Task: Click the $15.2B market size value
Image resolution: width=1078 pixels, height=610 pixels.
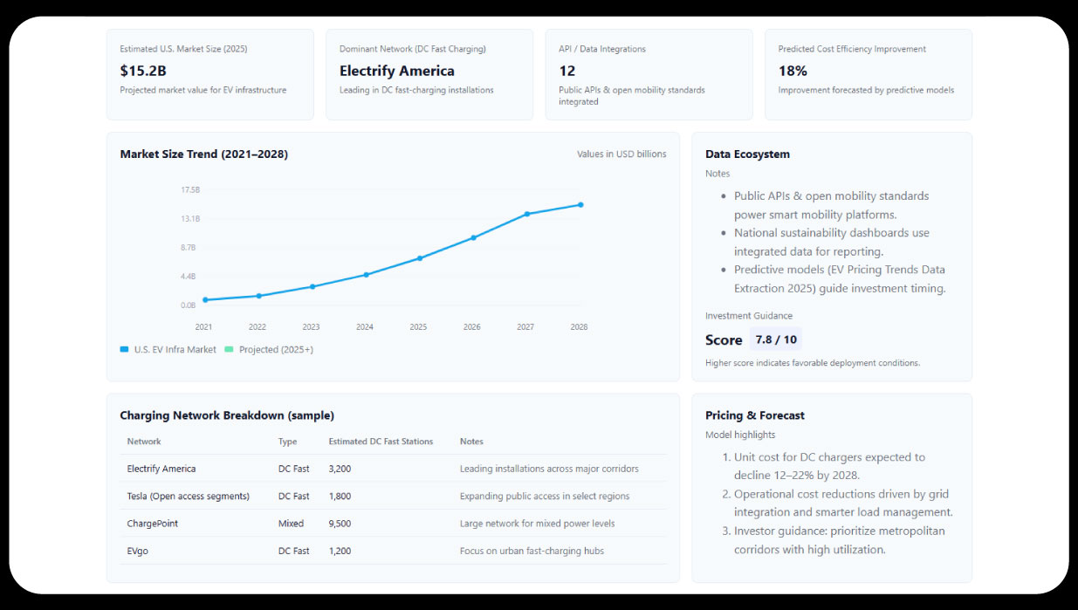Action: (x=143, y=71)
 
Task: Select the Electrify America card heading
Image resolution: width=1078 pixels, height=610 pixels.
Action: (x=396, y=71)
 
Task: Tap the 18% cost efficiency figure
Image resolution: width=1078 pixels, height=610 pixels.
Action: (x=793, y=71)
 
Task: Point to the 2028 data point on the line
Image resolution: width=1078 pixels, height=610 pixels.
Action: (x=580, y=205)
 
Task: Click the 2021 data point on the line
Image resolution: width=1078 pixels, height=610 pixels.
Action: (x=205, y=299)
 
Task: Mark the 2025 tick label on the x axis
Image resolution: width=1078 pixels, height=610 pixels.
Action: (x=418, y=327)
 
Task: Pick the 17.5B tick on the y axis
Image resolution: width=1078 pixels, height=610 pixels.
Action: (x=190, y=189)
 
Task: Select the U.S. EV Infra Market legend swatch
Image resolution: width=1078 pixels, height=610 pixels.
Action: (x=124, y=350)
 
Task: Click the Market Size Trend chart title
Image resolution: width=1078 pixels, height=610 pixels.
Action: (x=203, y=154)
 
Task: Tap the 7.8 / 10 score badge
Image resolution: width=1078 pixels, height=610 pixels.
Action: (x=776, y=339)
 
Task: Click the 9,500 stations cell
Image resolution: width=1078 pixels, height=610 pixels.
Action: (x=340, y=524)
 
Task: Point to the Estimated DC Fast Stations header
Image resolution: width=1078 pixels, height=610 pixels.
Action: (x=381, y=442)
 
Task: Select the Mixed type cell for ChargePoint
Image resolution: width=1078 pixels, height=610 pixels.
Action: (x=291, y=524)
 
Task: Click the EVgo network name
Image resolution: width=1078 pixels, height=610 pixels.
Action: (x=138, y=551)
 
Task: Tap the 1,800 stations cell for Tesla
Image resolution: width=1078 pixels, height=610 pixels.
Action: (x=340, y=496)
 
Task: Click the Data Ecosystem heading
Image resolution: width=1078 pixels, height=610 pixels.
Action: (x=747, y=154)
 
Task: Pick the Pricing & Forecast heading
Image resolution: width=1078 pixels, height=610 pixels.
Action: (x=755, y=415)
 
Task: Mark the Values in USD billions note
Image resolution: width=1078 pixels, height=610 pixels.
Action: (x=621, y=154)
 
